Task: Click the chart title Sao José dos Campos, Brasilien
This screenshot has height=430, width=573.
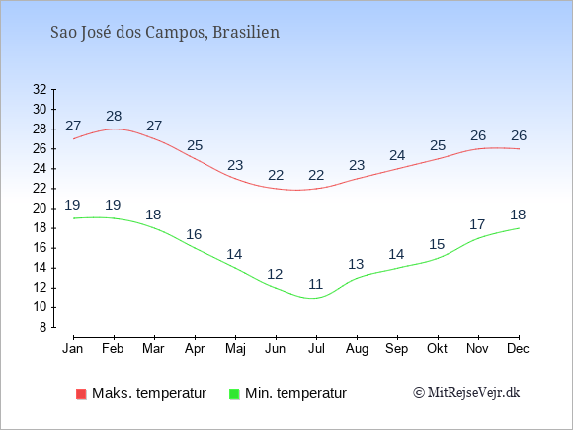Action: point(165,33)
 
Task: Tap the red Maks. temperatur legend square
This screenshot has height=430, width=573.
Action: point(81,394)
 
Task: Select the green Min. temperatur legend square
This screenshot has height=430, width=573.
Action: point(234,394)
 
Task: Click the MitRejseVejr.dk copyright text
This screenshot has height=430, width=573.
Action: point(466,393)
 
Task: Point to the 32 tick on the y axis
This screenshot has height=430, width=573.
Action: point(40,89)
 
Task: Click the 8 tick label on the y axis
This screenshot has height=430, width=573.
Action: point(43,327)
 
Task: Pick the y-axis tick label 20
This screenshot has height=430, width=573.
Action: point(40,209)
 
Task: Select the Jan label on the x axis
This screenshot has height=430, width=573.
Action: point(73,349)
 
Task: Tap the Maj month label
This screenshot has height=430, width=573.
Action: point(235,349)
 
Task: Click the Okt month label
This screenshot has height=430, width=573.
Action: point(437,349)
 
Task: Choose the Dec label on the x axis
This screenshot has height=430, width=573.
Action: point(519,349)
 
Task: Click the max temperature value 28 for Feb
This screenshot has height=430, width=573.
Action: point(114,116)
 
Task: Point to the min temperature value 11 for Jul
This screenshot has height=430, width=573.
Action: point(316,284)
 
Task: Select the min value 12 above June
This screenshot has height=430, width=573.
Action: point(275,274)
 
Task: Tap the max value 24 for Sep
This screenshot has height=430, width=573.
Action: point(397,155)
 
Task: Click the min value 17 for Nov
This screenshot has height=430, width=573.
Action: point(477,224)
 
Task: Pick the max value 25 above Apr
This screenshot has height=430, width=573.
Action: point(195,145)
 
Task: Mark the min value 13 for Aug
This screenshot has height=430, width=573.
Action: point(356,264)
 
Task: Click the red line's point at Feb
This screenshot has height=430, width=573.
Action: point(114,129)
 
